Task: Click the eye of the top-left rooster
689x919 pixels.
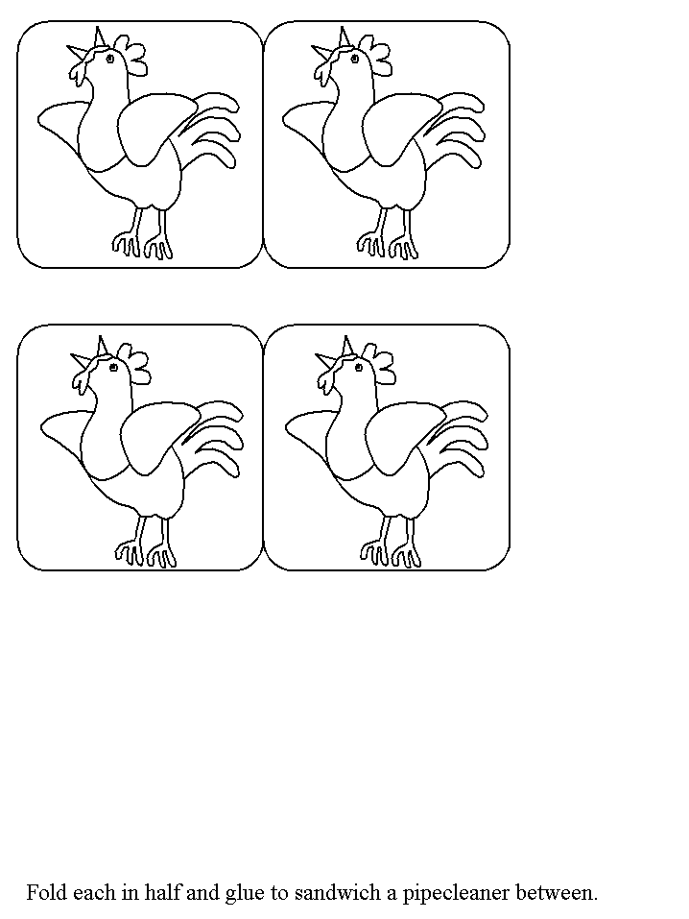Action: pos(109,58)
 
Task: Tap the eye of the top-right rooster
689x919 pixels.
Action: pos(354,58)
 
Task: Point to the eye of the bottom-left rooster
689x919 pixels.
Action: pos(113,368)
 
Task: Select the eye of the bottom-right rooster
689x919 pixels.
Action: pos(358,368)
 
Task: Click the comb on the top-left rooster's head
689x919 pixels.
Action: pos(131,55)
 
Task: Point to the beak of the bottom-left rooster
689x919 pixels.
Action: pos(91,353)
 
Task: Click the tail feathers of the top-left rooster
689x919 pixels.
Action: pos(211,129)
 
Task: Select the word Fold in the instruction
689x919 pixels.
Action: pos(47,893)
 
